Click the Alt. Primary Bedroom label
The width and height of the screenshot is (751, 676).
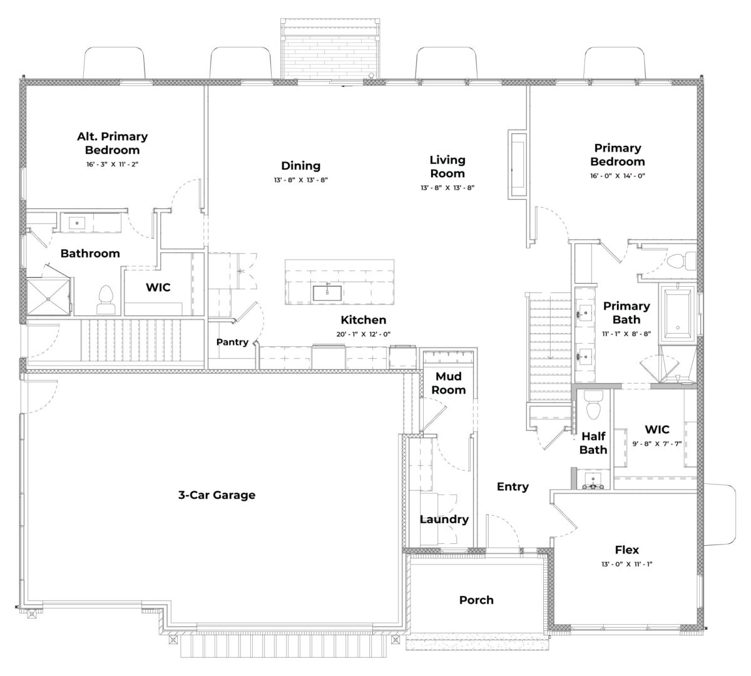tap(112, 143)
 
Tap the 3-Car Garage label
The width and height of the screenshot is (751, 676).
tap(217, 495)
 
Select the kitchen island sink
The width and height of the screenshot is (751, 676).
tap(327, 292)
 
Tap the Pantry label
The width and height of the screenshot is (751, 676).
tap(232, 342)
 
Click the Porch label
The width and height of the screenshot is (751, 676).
tap(476, 600)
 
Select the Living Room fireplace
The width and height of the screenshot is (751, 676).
tap(518, 165)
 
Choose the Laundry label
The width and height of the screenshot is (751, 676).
tap(444, 519)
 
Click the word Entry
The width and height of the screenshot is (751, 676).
tap(513, 486)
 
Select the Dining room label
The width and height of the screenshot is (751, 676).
tap(300, 166)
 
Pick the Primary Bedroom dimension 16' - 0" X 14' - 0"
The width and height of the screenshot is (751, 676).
tap(617, 177)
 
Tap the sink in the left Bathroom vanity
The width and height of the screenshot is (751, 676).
tap(77, 222)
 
